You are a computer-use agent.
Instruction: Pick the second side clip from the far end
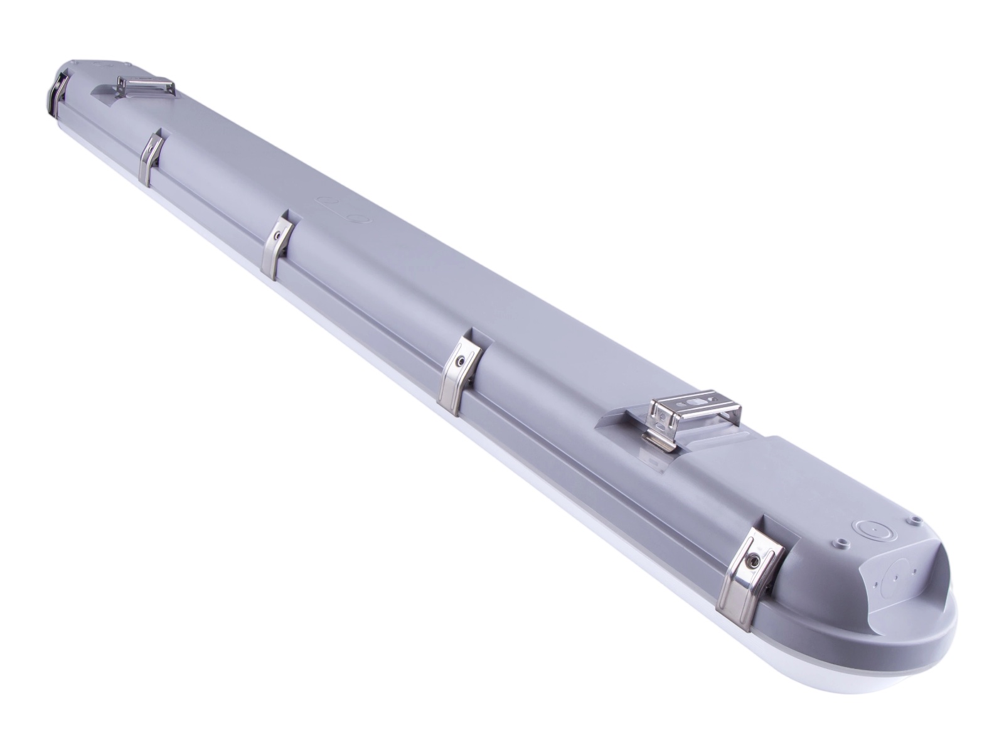point(149,160)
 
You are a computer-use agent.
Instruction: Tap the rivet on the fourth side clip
point(461,361)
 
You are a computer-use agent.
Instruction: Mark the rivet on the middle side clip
point(277,237)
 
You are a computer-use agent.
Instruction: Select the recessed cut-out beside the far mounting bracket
point(107,92)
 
